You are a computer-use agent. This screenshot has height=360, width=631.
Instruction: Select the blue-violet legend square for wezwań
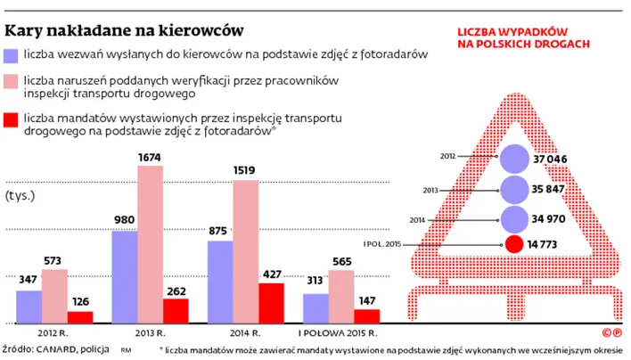click(x=12, y=55)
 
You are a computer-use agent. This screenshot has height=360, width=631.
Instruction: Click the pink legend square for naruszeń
click(x=12, y=82)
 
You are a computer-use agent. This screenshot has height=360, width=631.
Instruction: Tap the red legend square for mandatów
click(x=12, y=121)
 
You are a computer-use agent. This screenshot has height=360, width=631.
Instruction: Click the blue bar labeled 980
click(x=124, y=277)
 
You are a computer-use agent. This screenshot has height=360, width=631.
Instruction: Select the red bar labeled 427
click(x=271, y=303)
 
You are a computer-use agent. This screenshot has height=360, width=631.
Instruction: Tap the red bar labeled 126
click(x=80, y=316)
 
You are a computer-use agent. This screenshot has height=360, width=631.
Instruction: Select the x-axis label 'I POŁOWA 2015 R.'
click(x=340, y=332)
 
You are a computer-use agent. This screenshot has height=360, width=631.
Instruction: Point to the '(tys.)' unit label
click(x=21, y=194)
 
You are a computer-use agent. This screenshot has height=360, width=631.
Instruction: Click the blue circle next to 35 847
click(x=514, y=190)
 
